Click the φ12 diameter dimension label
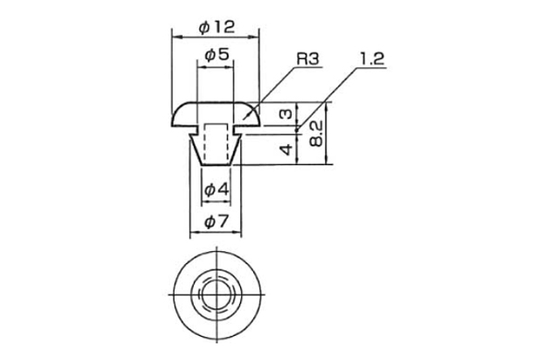click(x=217, y=27)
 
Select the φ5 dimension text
click(x=217, y=55)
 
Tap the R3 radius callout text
click(x=307, y=59)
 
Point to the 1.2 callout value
click(x=372, y=59)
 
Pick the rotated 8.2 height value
click(x=316, y=133)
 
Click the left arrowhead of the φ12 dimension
click(x=176, y=37)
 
